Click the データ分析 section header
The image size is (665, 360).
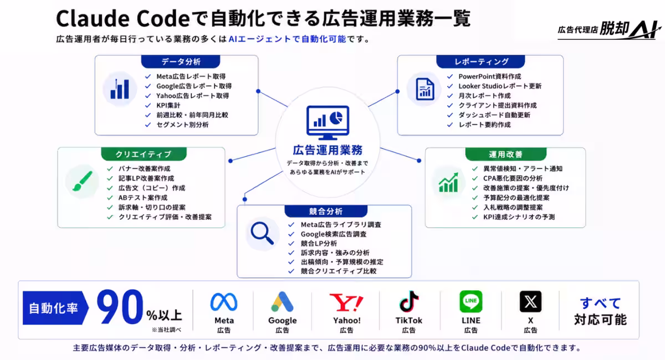coord(181,61)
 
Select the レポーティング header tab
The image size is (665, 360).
coord(480,61)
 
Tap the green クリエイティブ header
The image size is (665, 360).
coord(144,154)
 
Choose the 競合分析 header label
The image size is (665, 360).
coord(326,211)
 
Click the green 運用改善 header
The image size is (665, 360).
coord(505,154)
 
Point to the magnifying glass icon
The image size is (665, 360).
coord(262,233)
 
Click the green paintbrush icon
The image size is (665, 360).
coord(82,181)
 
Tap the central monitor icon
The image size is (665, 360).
coord(328,122)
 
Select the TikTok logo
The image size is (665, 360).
coord(409,301)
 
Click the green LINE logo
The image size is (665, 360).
coord(471,301)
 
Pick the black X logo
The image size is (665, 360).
coord(530,301)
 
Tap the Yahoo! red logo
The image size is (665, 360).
coord(346,302)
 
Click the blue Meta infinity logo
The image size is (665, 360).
coord(224,302)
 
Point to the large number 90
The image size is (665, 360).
coord(120,307)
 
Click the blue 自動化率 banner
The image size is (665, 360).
coord(55,308)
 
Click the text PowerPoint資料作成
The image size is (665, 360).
coord(489,76)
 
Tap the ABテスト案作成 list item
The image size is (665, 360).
coord(143,198)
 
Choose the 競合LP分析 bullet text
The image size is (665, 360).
coord(319,243)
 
